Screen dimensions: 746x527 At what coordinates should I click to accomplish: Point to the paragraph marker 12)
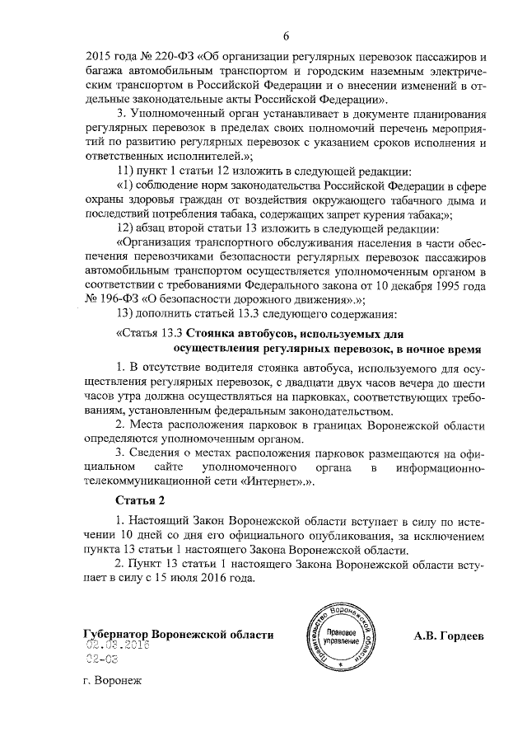pyautogui.click(x=131, y=228)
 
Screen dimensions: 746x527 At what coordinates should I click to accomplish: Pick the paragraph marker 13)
pyautogui.click(x=131, y=313)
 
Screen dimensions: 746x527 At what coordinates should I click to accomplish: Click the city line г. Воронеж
pyautogui.click(x=113, y=683)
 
